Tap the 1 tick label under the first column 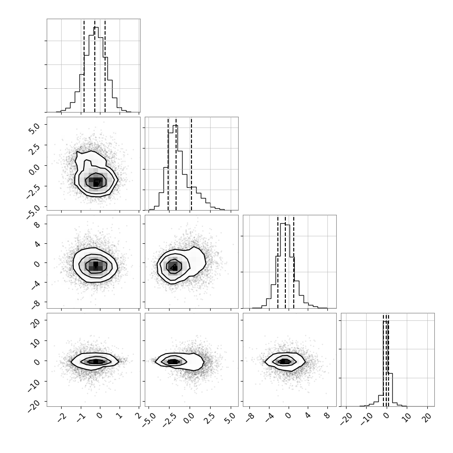coord(119,416)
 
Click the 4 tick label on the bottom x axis coord(307,416)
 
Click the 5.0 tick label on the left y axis coord(34,127)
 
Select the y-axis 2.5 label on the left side coord(34,148)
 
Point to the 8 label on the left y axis coord(37,225)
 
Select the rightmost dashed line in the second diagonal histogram coord(191,164)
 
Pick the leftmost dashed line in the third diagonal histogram coord(277,262)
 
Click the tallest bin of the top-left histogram coord(96,70)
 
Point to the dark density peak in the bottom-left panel coord(96,361)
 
